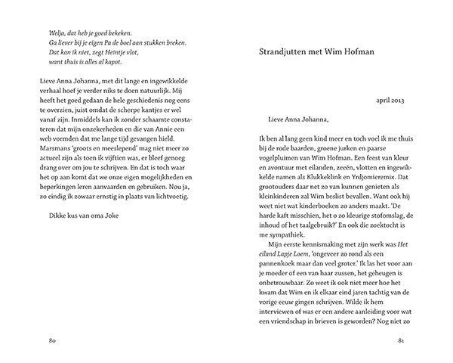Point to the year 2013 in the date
[x=397, y=101]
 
